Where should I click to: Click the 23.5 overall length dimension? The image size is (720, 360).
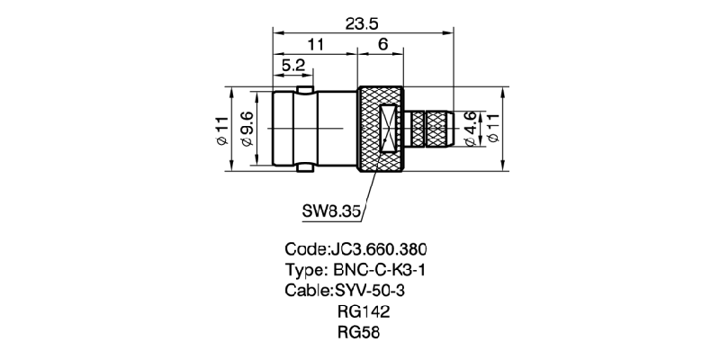(x=362, y=24)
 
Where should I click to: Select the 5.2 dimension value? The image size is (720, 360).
(x=293, y=65)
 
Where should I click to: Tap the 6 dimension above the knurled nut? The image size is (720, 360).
(x=383, y=44)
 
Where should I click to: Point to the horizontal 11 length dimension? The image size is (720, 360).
(x=315, y=44)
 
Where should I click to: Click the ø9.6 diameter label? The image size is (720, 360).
(x=247, y=129)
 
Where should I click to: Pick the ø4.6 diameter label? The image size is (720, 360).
(x=470, y=129)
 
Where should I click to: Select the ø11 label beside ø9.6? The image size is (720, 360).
(x=221, y=130)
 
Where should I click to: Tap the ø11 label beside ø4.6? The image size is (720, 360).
(x=493, y=129)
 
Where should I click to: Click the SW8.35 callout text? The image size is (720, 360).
(x=330, y=211)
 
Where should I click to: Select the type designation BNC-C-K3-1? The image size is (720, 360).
(x=378, y=270)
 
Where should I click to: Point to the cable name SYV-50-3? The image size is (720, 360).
(x=372, y=291)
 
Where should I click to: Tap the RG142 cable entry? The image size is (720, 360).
(x=364, y=311)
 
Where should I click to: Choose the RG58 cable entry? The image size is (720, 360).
(x=358, y=332)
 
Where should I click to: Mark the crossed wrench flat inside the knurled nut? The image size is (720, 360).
(x=389, y=129)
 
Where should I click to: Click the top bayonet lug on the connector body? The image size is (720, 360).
(x=305, y=89)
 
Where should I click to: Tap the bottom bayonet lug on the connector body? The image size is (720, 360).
(x=305, y=168)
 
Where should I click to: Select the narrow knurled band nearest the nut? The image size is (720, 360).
(x=418, y=129)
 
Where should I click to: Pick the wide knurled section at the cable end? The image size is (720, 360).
(x=440, y=129)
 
